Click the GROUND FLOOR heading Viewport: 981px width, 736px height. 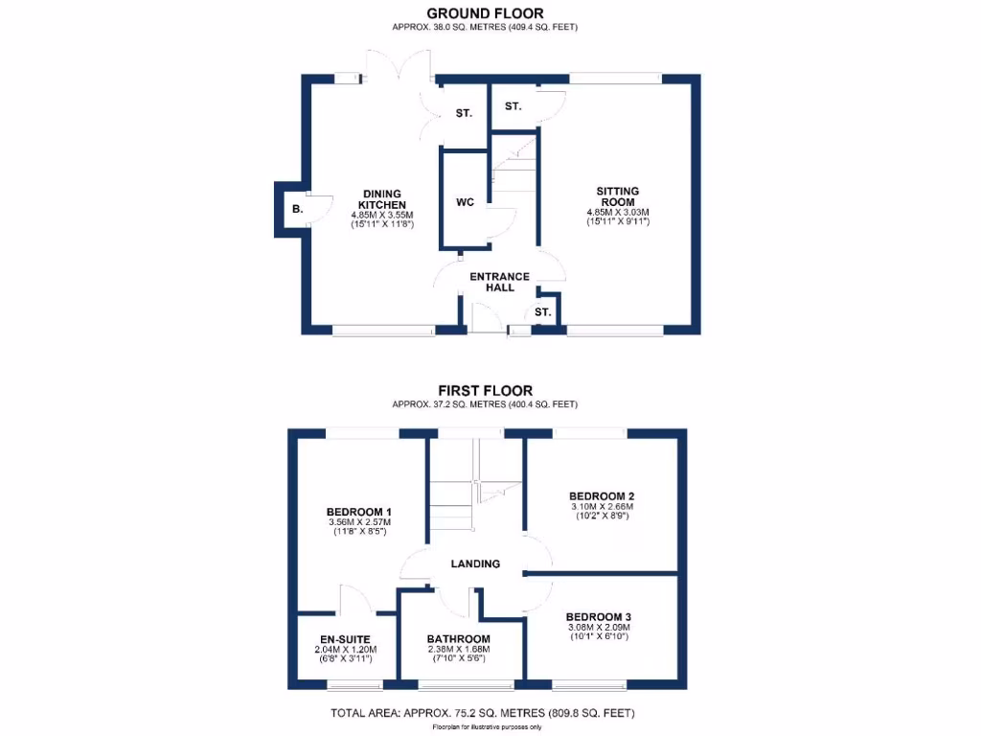click(x=485, y=13)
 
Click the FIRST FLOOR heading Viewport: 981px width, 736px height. click(x=485, y=390)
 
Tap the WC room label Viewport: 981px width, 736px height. click(x=465, y=202)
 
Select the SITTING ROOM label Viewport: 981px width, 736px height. click(x=617, y=196)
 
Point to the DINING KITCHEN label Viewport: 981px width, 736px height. click(x=381, y=199)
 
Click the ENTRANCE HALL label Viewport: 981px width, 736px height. click(x=499, y=282)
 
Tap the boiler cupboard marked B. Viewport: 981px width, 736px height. click(x=297, y=209)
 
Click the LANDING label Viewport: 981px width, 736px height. click(x=475, y=563)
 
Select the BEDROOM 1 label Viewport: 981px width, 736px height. click(x=358, y=512)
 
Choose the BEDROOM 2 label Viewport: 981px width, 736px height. click(x=603, y=495)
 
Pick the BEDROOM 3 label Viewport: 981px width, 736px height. click(x=598, y=616)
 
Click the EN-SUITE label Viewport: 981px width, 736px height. click(x=345, y=639)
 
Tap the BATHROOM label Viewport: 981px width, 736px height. click(x=459, y=639)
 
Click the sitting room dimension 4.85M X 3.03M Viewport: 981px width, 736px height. click(x=618, y=212)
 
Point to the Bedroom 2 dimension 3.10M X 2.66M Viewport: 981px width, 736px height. click(x=603, y=506)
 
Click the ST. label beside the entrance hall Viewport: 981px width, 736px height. click(x=543, y=312)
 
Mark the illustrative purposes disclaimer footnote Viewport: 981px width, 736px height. click(x=487, y=727)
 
